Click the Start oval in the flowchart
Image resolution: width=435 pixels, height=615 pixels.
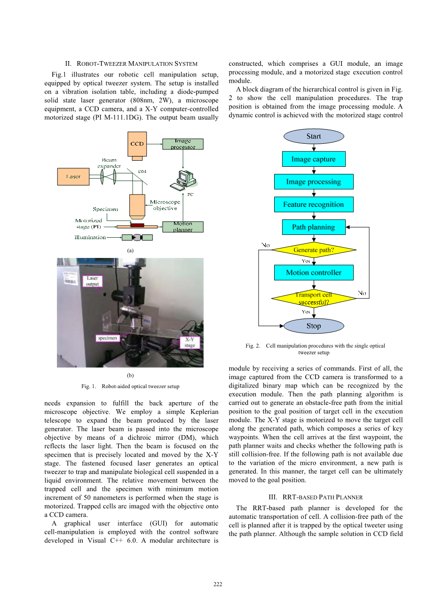[314, 136]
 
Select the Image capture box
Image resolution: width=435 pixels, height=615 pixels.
[314, 159]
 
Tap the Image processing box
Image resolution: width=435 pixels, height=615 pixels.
[314, 182]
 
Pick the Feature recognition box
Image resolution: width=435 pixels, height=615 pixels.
[314, 204]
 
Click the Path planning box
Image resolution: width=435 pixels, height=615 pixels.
[314, 227]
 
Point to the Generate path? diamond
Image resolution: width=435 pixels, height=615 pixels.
[314, 250]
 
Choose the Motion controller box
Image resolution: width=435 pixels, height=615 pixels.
[314, 272]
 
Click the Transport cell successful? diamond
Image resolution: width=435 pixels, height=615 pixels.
[314, 298]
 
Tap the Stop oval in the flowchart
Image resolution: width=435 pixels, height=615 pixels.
[314, 326]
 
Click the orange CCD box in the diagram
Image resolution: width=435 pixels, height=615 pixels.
[137, 144]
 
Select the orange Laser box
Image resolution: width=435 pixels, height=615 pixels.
[73, 177]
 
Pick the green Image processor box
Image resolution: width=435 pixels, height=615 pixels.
[183, 144]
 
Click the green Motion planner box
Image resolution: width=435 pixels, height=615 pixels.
[182, 227]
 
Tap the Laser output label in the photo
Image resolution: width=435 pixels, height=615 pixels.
[92, 281]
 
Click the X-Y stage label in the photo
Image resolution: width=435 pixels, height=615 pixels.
[190, 342]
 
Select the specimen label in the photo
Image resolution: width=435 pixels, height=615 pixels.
[108, 338]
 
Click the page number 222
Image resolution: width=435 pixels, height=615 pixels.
[218, 584]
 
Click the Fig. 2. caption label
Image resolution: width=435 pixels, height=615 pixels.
[253, 346]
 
